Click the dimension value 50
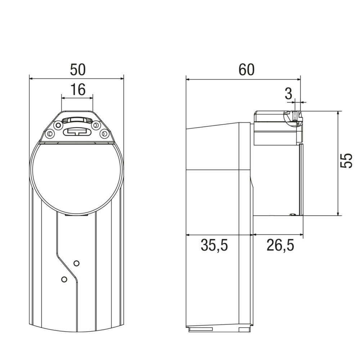pyautogui.click(x=78, y=70)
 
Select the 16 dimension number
pyautogui.click(x=78, y=89)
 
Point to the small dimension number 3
pyautogui.click(x=288, y=94)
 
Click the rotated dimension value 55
pyautogui.click(x=346, y=161)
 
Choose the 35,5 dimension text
pyautogui.click(x=214, y=245)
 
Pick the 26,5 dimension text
pyautogui.click(x=280, y=245)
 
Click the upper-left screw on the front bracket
pyautogui.click(x=57, y=125)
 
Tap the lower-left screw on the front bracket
pyautogui.click(x=49, y=134)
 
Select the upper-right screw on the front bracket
pyautogui.click(x=95, y=125)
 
